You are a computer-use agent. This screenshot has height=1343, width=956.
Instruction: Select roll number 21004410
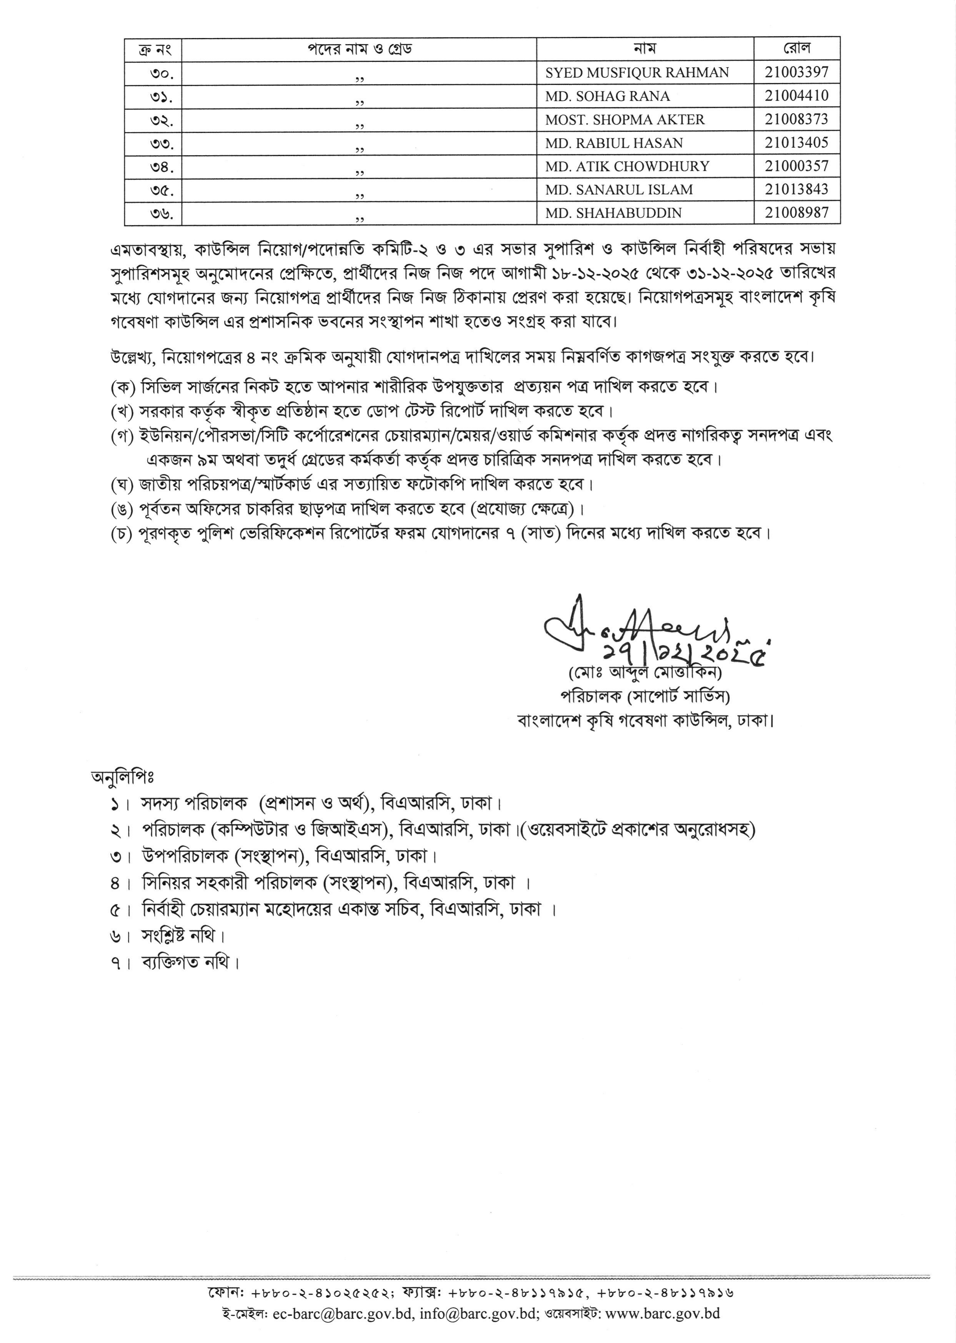tap(796, 95)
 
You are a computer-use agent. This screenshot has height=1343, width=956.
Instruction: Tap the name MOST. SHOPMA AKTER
tap(625, 119)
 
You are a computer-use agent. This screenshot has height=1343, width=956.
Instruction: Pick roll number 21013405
tap(796, 143)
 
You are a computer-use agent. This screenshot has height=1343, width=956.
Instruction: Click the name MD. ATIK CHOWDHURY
tap(627, 166)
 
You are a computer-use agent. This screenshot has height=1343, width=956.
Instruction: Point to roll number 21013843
tap(796, 189)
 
